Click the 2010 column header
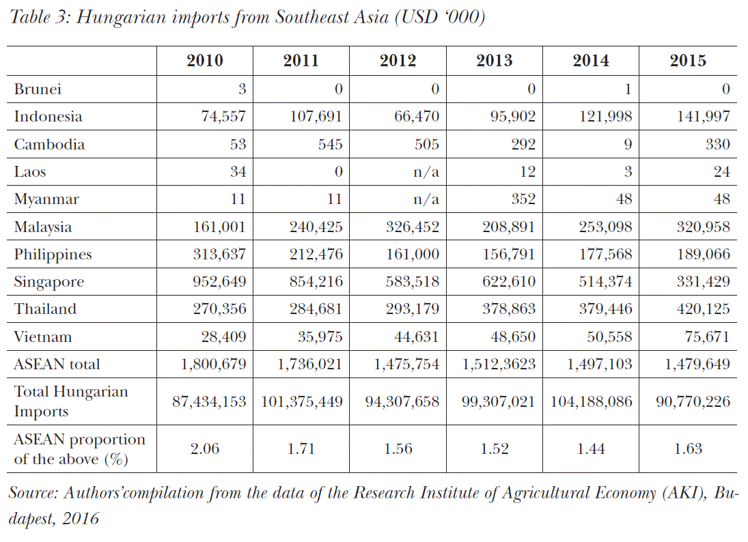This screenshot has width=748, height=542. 205,61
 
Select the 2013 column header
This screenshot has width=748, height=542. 495,61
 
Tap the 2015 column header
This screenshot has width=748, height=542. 688,61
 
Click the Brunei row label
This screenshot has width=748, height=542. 38,89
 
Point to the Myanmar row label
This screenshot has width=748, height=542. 46,199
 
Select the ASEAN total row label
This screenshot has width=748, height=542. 57,365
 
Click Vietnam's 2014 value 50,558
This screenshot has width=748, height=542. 608,337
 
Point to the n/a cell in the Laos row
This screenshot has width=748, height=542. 426,172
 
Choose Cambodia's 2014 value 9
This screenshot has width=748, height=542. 628,144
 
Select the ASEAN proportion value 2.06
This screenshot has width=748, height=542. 205,449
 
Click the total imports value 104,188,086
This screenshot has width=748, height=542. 591,401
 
